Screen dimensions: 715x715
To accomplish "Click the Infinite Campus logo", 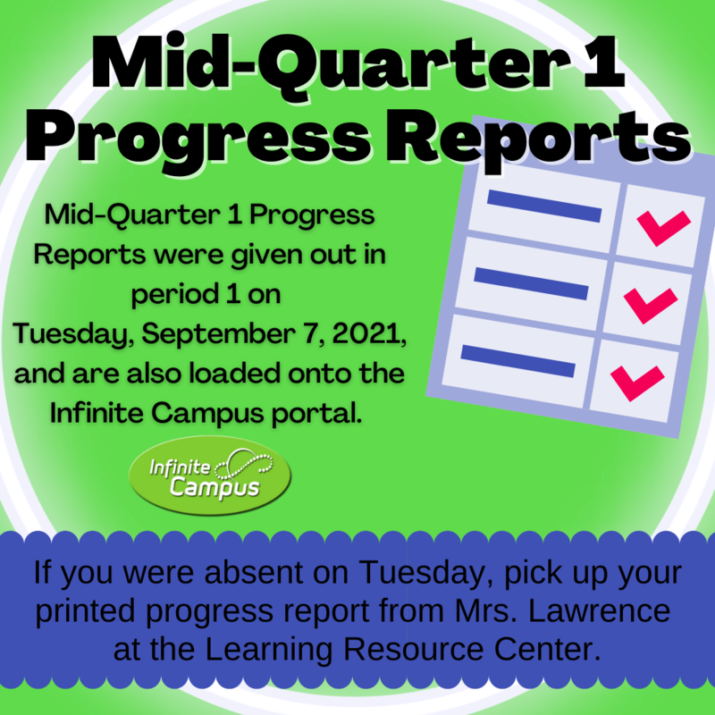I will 209,476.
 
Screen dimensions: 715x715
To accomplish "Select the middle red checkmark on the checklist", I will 650,304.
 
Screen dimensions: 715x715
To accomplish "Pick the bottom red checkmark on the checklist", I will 636,381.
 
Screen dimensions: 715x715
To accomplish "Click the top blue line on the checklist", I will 543,206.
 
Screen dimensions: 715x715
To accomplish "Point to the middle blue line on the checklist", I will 531,283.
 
